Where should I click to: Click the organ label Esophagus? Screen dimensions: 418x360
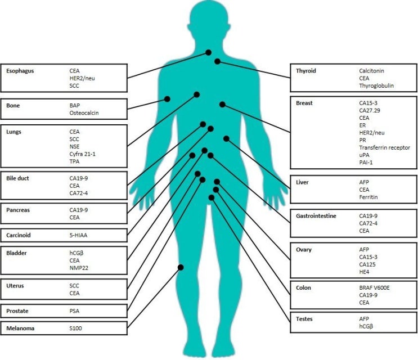click(x=20, y=71)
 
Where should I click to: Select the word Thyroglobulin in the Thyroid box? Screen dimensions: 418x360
click(x=376, y=86)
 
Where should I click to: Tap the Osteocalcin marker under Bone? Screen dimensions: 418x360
click(x=84, y=113)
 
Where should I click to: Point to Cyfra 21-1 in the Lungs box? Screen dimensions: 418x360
click(x=82, y=154)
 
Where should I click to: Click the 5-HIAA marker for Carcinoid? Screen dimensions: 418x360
click(x=78, y=235)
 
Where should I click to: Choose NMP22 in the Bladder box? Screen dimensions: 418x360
click(x=79, y=268)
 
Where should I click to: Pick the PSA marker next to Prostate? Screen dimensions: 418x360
click(x=74, y=311)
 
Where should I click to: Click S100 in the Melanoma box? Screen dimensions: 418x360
click(x=75, y=328)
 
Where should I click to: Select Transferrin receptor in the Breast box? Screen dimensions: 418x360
click(x=384, y=147)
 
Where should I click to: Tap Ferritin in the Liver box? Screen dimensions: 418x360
click(x=368, y=197)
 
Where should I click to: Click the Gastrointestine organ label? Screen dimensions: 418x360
click(x=316, y=216)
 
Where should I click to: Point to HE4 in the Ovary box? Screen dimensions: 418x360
click(x=364, y=272)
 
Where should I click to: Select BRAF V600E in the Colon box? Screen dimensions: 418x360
click(x=374, y=288)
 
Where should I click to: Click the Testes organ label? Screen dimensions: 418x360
click(x=304, y=319)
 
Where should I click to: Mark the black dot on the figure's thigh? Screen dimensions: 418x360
click(x=181, y=267)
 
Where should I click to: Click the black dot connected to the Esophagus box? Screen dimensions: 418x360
click(x=209, y=52)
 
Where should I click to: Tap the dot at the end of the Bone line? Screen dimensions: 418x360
click(x=167, y=99)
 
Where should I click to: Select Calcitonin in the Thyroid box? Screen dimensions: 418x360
click(x=371, y=71)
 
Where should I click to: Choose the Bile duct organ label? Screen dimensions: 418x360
click(x=17, y=178)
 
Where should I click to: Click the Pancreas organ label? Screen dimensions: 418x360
click(x=18, y=210)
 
